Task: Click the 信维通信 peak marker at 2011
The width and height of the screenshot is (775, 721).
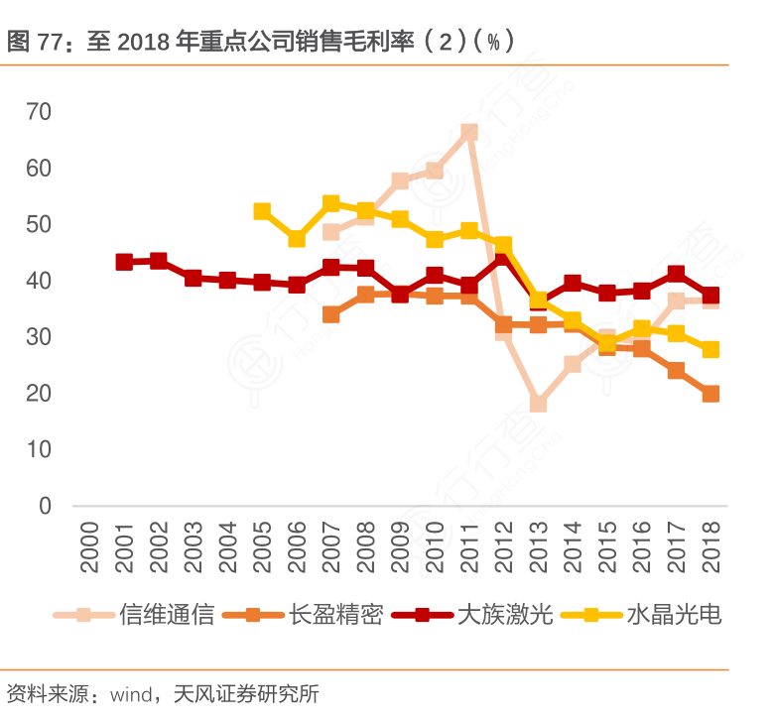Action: pos(469,132)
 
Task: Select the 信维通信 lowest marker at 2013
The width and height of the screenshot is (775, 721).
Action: pos(539,404)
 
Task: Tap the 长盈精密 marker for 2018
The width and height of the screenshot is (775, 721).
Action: pos(710,394)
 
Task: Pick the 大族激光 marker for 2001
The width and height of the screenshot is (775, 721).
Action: pos(124,262)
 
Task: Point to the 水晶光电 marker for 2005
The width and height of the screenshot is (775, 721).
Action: pos(262,211)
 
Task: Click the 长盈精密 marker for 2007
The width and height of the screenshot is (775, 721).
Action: pos(331,314)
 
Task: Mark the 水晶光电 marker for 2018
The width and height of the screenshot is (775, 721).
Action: pos(710,349)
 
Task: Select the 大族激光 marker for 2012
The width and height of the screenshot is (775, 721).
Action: pos(504,259)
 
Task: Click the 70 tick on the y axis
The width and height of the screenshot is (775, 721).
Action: pos(39,112)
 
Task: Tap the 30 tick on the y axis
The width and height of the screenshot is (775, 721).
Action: pos(39,337)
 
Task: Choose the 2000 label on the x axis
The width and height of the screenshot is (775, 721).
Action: pos(90,547)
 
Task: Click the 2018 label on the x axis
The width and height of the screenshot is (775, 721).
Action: pos(711,547)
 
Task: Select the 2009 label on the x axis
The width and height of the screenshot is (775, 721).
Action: pos(401,547)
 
